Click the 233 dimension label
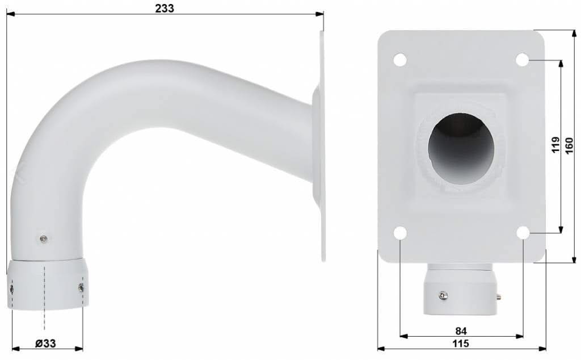pos(164,8)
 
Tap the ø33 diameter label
pos(45,344)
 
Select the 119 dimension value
pos(555,145)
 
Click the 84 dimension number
pos(461,330)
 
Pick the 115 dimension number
pos(461,344)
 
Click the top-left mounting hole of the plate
pos(400,59)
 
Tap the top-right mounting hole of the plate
pos(523,59)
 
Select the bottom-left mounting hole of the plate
pos(400,233)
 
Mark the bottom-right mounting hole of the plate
pos(523,233)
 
